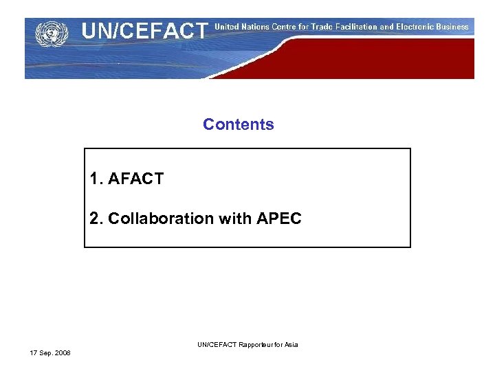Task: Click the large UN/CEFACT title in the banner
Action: (145, 31)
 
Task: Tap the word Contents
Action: (239, 124)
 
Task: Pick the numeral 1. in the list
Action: (96, 179)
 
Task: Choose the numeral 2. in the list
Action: (96, 218)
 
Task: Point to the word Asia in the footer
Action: (291, 344)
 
